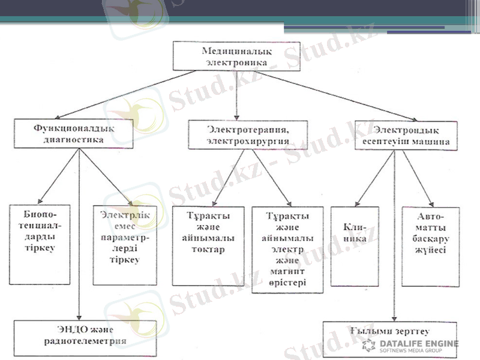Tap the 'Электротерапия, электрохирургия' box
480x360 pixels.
click(x=248, y=135)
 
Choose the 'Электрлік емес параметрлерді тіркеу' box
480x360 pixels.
click(x=125, y=245)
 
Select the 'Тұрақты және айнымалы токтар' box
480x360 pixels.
click(x=208, y=245)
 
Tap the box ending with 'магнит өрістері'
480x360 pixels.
click(x=288, y=250)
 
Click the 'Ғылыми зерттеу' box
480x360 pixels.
click(x=389, y=332)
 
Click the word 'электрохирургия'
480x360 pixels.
click(x=248, y=142)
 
